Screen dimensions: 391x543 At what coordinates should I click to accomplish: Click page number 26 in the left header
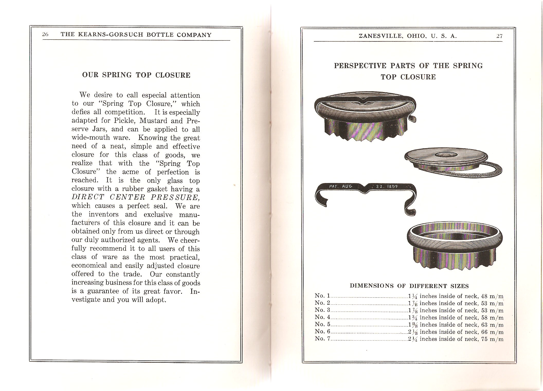45,35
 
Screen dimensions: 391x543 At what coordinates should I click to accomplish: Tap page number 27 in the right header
499,36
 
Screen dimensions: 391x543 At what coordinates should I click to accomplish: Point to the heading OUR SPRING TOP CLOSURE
136,75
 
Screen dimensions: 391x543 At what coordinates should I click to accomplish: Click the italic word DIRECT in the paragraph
88,197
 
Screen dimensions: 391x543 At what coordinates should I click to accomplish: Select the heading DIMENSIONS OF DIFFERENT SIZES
409,286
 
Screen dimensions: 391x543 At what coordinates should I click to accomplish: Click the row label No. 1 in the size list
322,296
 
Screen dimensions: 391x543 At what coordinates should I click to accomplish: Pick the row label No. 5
322,324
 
